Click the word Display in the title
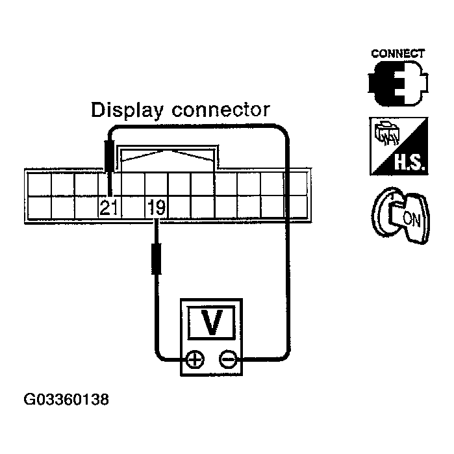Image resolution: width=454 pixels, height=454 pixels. [127, 110]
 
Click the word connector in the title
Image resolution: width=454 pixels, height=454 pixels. [220, 109]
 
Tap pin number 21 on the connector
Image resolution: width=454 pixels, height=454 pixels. [108, 208]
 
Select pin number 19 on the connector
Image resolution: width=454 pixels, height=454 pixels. [156, 208]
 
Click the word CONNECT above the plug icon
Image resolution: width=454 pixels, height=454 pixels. [398, 53]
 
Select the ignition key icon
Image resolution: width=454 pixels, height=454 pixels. [397, 214]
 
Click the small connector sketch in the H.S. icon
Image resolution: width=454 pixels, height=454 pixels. [384, 134]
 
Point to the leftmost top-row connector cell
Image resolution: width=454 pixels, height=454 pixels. [38, 184]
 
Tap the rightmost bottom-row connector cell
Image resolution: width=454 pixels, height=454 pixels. [296, 207]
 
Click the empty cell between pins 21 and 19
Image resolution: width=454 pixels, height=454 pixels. [132, 208]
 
